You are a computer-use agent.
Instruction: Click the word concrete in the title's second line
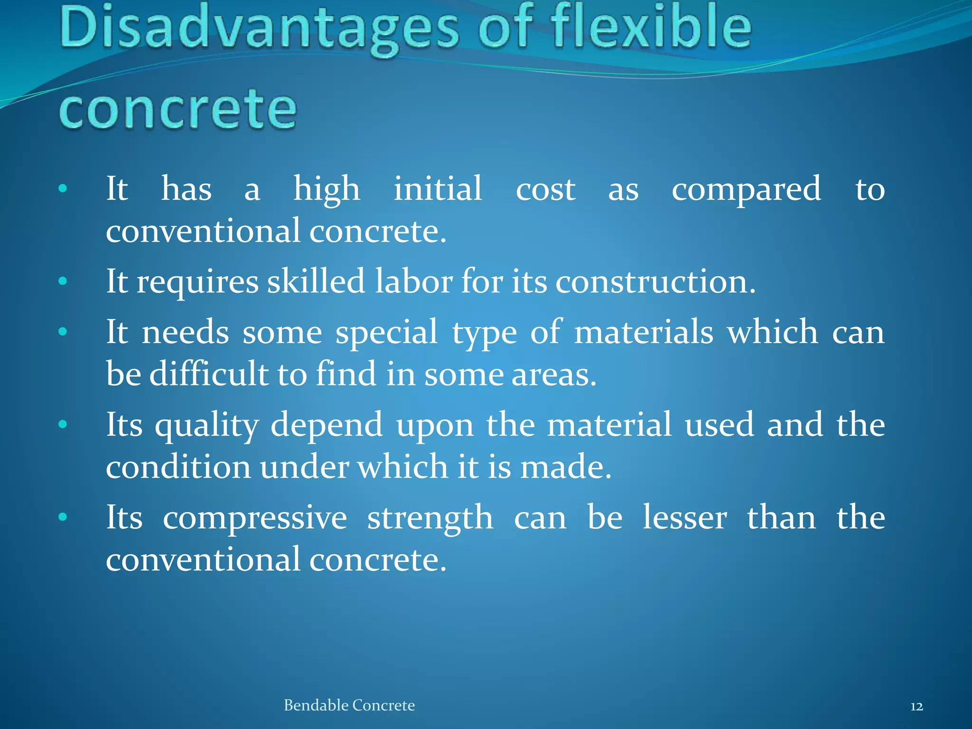178,110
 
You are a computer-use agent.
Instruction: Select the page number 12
916,707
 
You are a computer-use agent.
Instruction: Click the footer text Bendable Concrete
349,705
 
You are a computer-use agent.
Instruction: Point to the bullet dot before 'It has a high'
63,189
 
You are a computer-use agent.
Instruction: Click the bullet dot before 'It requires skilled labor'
63,281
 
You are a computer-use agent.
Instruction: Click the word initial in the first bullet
438,189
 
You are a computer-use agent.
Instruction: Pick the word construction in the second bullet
655,282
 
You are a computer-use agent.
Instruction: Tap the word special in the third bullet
386,332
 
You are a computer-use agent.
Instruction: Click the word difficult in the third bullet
209,374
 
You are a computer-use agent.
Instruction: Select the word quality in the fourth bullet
207,425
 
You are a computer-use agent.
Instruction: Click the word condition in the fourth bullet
178,467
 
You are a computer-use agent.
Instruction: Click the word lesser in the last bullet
684,517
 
